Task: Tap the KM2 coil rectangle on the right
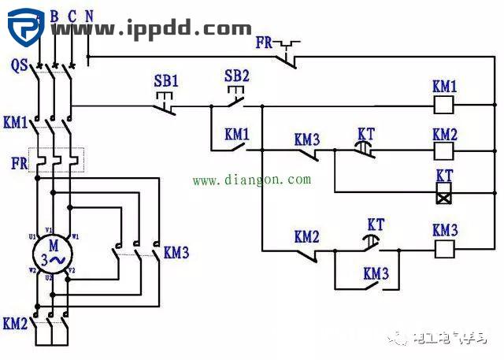444,149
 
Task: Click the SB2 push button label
236,76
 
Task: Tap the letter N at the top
88,16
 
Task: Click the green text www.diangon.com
251,180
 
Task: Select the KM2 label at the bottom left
15,323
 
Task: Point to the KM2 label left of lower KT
306,236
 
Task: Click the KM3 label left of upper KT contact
306,139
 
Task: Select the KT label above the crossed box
445,174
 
